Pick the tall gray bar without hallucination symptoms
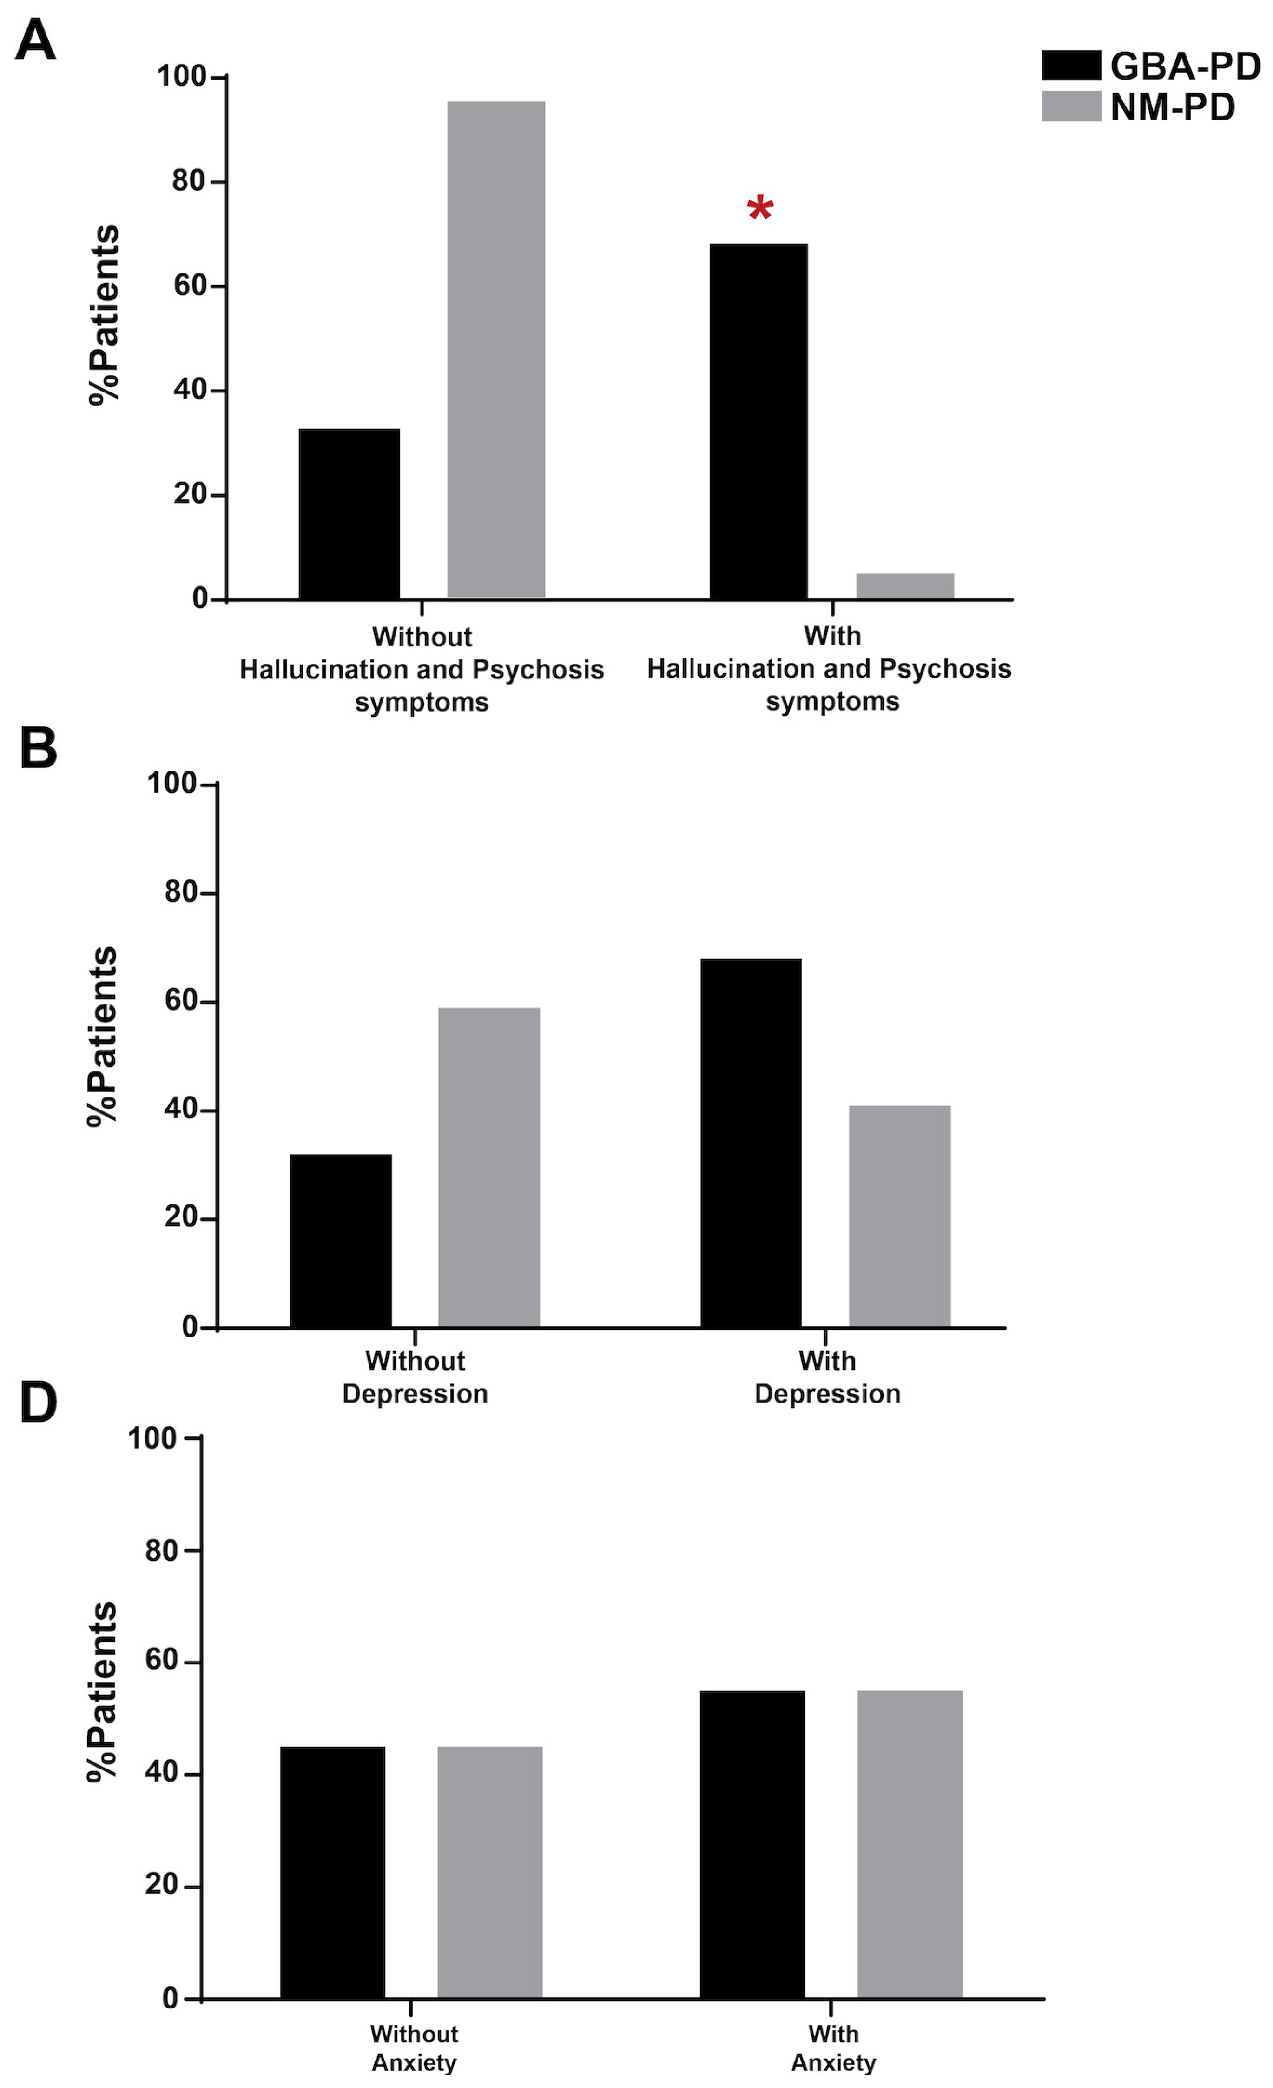point(495,349)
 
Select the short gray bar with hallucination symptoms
point(904,585)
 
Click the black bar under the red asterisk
point(758,421)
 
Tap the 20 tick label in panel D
point(161,1885)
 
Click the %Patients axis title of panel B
point(103,1036)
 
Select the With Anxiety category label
point(832,2047)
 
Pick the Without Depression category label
point(415,1377)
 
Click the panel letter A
point(36,40)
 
